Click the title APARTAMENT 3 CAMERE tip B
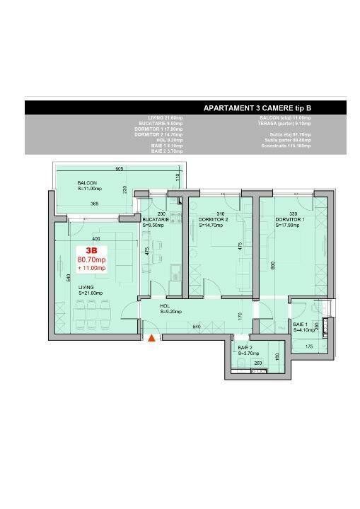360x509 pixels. [x=257, y=108]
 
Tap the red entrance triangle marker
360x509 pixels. [x=151, y=339]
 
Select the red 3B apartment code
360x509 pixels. [x=91, y=250]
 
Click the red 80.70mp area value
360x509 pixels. [x=91, y=259]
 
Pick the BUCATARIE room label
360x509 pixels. [x=154, y=219]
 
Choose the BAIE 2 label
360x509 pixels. [x=245, y=348]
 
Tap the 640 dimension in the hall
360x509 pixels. [x=196, y=326]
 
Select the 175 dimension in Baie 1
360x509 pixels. [x=308, y=346]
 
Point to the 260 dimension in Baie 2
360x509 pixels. [x=259, y=363]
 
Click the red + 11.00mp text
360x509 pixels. [x=91, y=268]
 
